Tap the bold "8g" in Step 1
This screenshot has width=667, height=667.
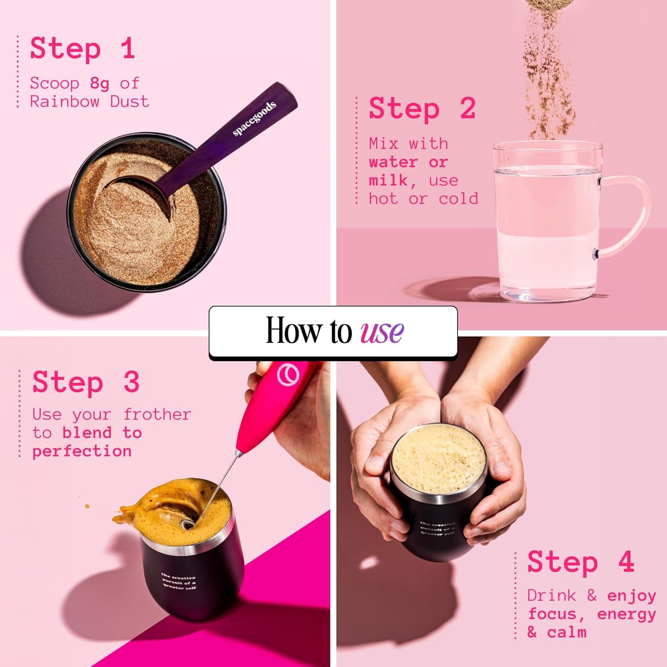[x=100, y=83]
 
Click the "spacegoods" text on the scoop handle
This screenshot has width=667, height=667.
[x=254, y=118]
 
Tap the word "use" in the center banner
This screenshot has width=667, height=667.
[x=382, y=331]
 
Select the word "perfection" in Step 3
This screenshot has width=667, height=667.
[x=82, y=451]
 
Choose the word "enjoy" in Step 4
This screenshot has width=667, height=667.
[x=631, y=596]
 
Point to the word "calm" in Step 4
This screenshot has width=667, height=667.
[x=567, y=632]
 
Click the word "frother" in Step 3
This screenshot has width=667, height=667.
[x=157, y=414]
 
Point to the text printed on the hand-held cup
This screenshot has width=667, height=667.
[x=438, y=529]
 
